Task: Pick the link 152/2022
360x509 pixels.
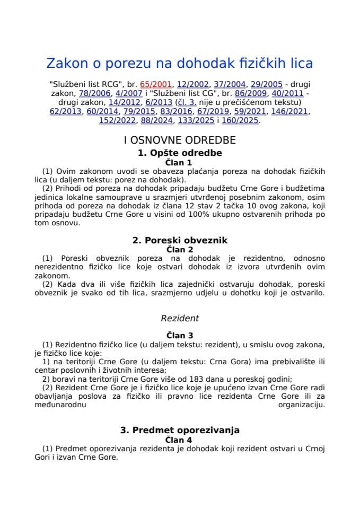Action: click(x=116, y=120)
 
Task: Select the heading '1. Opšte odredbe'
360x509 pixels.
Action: click(x=179, y=153)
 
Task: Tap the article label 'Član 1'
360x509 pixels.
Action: click(x=179, y=162)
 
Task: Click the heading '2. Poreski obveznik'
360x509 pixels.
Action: click(x=179, y=240)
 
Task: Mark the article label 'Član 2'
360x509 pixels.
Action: click(x=179, y=249)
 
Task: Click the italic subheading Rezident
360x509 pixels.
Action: click(x=179, y=318)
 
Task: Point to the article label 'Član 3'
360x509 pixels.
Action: click(x=179, y=335)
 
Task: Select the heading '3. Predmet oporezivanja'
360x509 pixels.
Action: click(x=179, y=429)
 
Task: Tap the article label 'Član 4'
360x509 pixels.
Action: click(x=179, y=439)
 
